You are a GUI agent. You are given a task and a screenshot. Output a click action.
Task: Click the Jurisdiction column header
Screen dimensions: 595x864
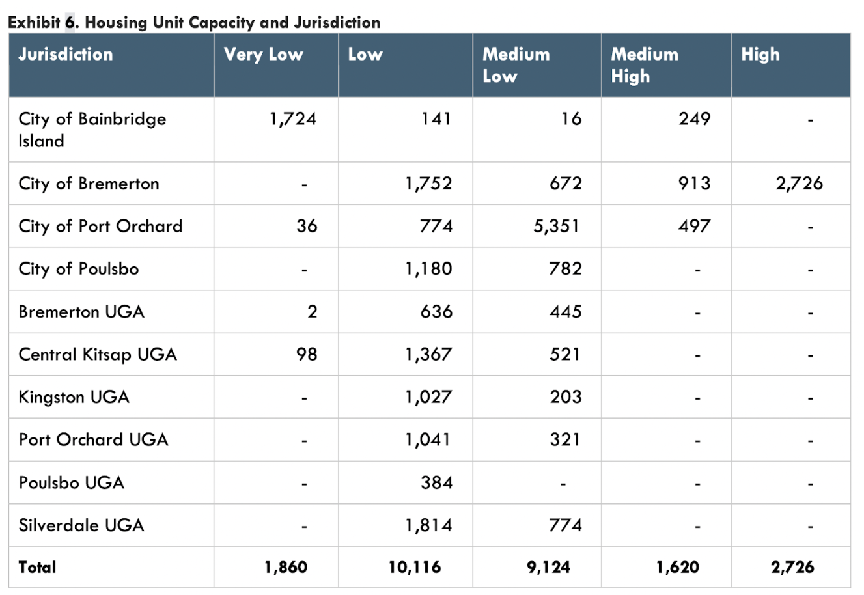(x=66, y=54)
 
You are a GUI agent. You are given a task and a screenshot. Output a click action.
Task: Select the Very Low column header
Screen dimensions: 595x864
(x=263, y=54)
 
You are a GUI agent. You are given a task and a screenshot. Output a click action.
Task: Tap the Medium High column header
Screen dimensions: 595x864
(x=645, y=65)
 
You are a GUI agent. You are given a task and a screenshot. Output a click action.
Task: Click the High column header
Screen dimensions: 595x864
(x=760, y=54)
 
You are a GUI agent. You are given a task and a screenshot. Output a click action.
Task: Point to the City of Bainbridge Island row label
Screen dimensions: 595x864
(x=92, y=130)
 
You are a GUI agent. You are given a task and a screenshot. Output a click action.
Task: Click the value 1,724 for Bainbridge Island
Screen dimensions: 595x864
(x=292, y=119)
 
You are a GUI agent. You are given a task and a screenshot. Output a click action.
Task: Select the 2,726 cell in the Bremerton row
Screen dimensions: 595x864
(x=799, y=184)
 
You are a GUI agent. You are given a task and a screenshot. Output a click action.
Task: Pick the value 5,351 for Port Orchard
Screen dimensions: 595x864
(x=555, y=227)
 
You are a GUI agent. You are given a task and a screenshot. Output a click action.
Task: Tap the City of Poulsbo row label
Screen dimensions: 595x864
(x=79, y=269)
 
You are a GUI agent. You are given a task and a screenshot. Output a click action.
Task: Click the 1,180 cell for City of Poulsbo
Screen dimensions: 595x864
(x=428, y=269)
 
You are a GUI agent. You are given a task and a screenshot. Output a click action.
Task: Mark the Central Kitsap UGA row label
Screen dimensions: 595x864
(x=98, y=355)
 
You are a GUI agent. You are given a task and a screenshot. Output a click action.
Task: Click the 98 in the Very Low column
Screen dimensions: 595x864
(x=307, y=355)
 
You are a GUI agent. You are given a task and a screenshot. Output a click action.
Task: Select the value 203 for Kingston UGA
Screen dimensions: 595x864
(x=565, y=397)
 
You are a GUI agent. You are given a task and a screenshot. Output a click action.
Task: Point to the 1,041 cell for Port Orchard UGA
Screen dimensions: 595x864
(x=428, y=440)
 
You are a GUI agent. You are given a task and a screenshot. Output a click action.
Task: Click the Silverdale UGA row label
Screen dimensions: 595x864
(x=81, y=525)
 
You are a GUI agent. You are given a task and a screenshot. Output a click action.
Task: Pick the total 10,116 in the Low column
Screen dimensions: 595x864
(x=415, y=568)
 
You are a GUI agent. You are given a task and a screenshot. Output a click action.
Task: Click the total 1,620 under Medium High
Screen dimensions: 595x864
(x=677, y=568)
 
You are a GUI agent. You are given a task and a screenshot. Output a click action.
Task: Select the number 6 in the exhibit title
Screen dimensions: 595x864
(x=70, y=23)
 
